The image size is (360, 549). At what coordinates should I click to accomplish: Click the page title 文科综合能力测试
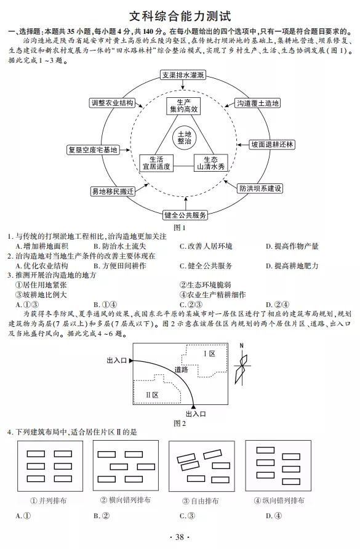tap(180, 16)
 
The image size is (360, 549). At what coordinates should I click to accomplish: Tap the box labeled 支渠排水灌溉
tap(182, 75)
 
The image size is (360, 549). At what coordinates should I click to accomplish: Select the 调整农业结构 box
tap(113, 103)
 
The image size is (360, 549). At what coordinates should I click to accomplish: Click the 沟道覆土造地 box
tap(258, 103)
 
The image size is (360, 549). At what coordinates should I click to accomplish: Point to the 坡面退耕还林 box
tap(272, 145)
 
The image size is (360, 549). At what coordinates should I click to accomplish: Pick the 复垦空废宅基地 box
tap(93, 150)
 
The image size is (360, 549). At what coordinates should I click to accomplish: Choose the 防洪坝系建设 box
tap(260, 188)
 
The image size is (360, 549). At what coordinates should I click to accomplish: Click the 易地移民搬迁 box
tap(113, 191)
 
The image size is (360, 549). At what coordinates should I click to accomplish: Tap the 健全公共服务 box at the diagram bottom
tap(185, 215)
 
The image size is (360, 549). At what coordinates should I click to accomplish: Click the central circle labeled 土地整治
tap(185, 138)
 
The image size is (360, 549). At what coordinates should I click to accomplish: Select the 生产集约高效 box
tap(184, 106)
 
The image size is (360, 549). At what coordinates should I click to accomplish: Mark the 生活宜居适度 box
tap(156, 163)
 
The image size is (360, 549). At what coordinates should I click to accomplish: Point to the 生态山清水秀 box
tap(210, 163)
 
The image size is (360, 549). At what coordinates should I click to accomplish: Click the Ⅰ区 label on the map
tap(209, 354)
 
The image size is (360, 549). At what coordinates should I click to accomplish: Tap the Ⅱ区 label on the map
tap(152, 395)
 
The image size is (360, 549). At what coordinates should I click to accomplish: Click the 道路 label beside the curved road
tap(182, 369)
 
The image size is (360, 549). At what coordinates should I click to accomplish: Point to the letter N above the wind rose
tap(242, 346)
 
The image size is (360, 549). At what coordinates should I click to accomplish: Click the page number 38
tap(180, 537)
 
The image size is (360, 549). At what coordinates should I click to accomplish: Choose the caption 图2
tap(180, 423)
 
